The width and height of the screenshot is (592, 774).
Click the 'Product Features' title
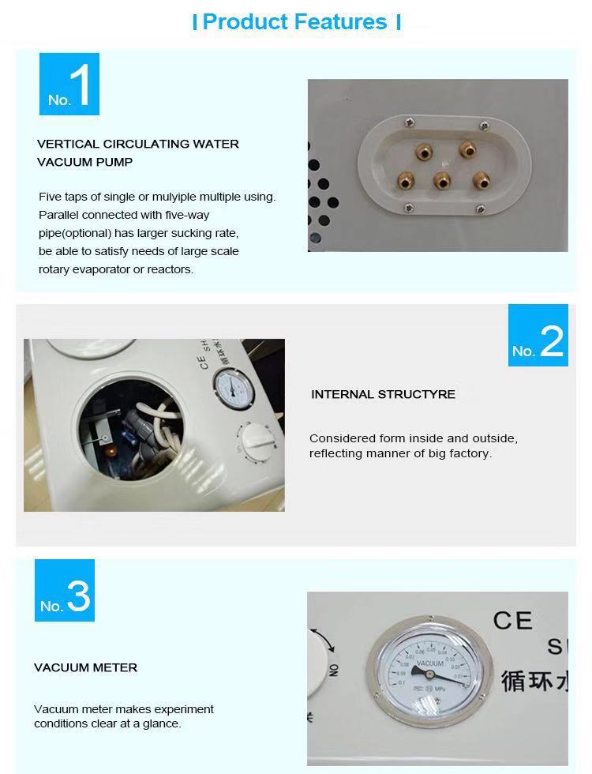pyautogui.click(x=295, y=22)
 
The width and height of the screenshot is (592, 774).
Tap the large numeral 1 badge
pyautogui.click(x=69, y=85)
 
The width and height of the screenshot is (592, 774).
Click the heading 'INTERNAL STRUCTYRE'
pyautogui.click(x=383, y=394)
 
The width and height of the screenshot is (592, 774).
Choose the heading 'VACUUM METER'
pyautogui.click(x=85, y=667)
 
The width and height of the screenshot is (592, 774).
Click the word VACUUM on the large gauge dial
pyautogui.click(x=431, y=664)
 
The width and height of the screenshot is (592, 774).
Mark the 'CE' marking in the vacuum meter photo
pyautogui.click(x=514, y=621)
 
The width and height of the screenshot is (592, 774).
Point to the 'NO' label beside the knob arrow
pyautogui.click(x=334, y=670)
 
